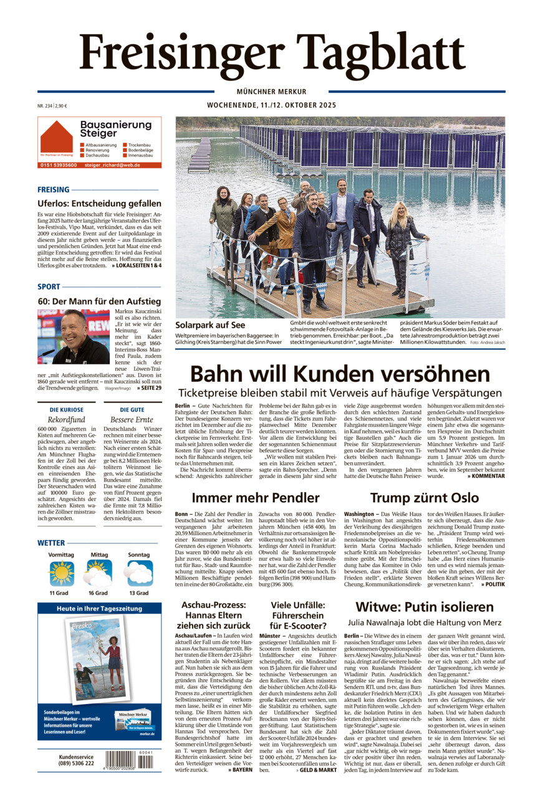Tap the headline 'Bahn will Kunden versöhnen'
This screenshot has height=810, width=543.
point(340,374)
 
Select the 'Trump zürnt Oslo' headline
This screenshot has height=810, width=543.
point(424,497)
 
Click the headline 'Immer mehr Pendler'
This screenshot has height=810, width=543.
point(256,497)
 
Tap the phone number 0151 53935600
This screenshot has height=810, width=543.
point(59,165)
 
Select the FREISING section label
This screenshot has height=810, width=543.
point(54,189)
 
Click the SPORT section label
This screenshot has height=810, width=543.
point(49,287)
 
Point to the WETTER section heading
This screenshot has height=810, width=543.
point(51,543)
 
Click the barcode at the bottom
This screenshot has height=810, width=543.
point(129,760)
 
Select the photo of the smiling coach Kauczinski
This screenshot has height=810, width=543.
point(73,336)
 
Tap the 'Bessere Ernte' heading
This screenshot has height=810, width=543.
point(132,419)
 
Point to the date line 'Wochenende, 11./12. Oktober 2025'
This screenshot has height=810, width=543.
point(271,105)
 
